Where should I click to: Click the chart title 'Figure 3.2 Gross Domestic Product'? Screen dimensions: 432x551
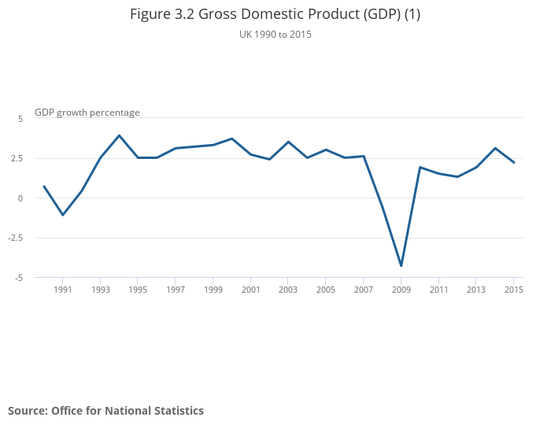click(x=275, y=14)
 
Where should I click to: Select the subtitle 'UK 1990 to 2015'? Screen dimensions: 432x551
click(x=275, y=35)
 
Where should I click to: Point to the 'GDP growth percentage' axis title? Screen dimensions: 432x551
click(x=87, y=113)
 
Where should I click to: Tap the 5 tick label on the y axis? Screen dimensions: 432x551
click(x=20, y=118)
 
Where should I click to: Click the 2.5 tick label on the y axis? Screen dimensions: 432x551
click(x=17, y=158)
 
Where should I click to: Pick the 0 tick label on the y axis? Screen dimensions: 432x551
click(x=20, y=198)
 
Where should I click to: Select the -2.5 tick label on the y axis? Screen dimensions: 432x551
click(x=17, y=238)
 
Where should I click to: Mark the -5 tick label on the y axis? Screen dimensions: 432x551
click(x=19, y=278)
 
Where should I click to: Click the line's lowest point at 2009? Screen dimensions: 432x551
click(x=401, y=266)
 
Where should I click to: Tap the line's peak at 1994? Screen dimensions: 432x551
click(x=119, y=135)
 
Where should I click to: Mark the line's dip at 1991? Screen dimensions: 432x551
click(x=63, y=215)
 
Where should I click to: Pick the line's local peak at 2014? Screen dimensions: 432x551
click(x=494, y=148)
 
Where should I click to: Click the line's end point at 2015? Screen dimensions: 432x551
click(x=513, y=162)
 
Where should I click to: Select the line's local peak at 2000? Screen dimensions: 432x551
click(x=231, y=138)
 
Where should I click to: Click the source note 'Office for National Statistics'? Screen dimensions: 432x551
click(x=105, y=411)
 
